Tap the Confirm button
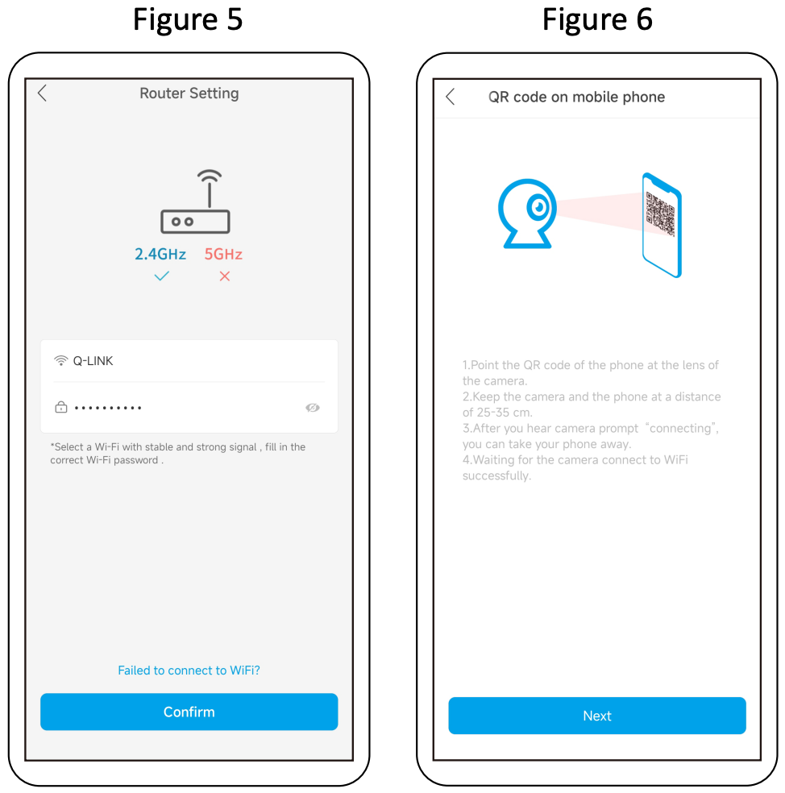click(189, 712)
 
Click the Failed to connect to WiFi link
click(189, 671)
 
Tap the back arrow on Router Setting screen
click(43, 93)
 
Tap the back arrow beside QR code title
click(451, 96)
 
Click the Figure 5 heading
click(188, 19)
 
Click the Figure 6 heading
click(597, 19)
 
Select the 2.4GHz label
click(160, 254)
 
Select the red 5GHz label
click(223, 254)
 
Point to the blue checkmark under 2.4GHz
click(162, 276)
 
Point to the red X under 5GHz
click(225, 276)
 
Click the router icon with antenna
click(195, 201)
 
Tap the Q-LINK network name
click(93, 360)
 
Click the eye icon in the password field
click(313, 408)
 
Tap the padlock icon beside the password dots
click(60, 407)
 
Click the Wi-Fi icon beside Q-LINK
click(60, 360)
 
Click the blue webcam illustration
click(527, 213)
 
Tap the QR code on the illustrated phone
click(661, 214)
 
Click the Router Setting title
click(189, 93)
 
